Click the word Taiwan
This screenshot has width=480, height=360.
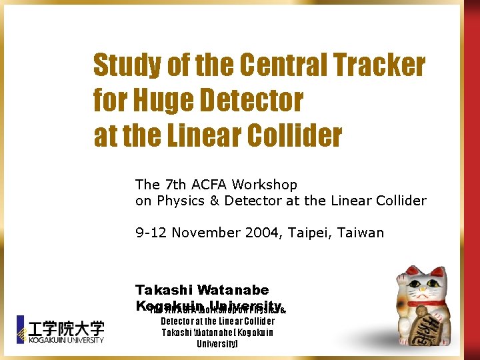361,233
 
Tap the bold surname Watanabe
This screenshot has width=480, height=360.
233,290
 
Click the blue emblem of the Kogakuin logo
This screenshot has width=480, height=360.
20,329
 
